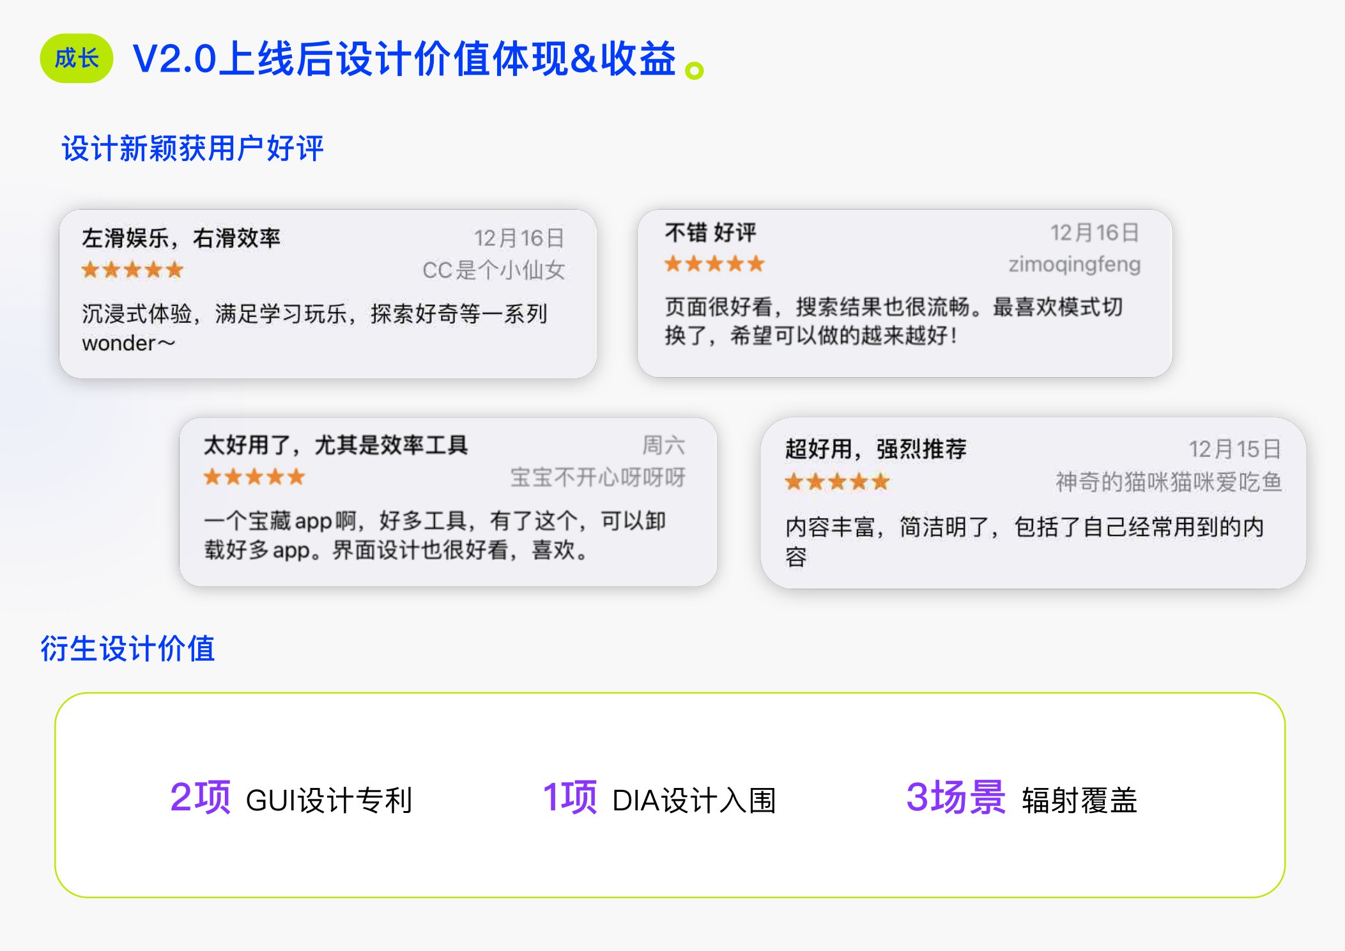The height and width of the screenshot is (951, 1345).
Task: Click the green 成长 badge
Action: pyautogui.click(x=77, y=58)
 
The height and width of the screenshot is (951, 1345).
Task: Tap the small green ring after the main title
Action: pyautogui.click(x=694, y=70)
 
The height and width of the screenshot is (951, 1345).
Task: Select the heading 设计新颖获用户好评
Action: pyautogui.click(x=192, y=148)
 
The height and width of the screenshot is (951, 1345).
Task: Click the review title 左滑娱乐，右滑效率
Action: pyautogui.click(x=181, y=238)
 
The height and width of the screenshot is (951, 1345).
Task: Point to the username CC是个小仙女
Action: pyautogui.click(x=493, y=270)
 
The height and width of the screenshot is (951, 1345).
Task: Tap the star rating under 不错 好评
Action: pyautogui.click(x=714, y=263)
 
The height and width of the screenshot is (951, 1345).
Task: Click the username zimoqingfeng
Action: pyautogui.click(x=1074, y=265)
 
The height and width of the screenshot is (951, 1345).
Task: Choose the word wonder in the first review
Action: pyautogui.click(x=119, y=343)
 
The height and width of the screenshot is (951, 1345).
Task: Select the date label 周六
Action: pyautogui.click(x=663, y=445)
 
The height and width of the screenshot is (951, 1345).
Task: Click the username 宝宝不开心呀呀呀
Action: pyautogui.click(x=597, y=477)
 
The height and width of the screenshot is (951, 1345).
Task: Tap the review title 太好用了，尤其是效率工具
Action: pyautogui.click(x=335, y=445)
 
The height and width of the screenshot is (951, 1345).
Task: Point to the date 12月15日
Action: pyautogui.click(x=1234, y=449)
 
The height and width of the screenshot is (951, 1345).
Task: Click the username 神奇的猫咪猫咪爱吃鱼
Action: pyautogui.click(x=1169, y=482)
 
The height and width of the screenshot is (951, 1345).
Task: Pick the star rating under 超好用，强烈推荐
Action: pyautogui.click(x=837, y=481)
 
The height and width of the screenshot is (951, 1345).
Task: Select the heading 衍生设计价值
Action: pyautogui.click(x=128, y=649)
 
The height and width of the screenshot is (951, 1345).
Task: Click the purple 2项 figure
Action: pyautogui.click(x=200, y=797)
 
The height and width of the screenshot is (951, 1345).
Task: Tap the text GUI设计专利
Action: pyautogui.click(x=329, y=800)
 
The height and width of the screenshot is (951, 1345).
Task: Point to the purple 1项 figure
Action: pyautogui.click(x=569, y=797)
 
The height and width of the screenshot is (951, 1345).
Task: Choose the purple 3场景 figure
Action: pyautogui.click(x=956, y=797)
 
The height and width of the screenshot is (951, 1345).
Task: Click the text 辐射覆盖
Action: pyautogui.click(x=1080, y=800)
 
